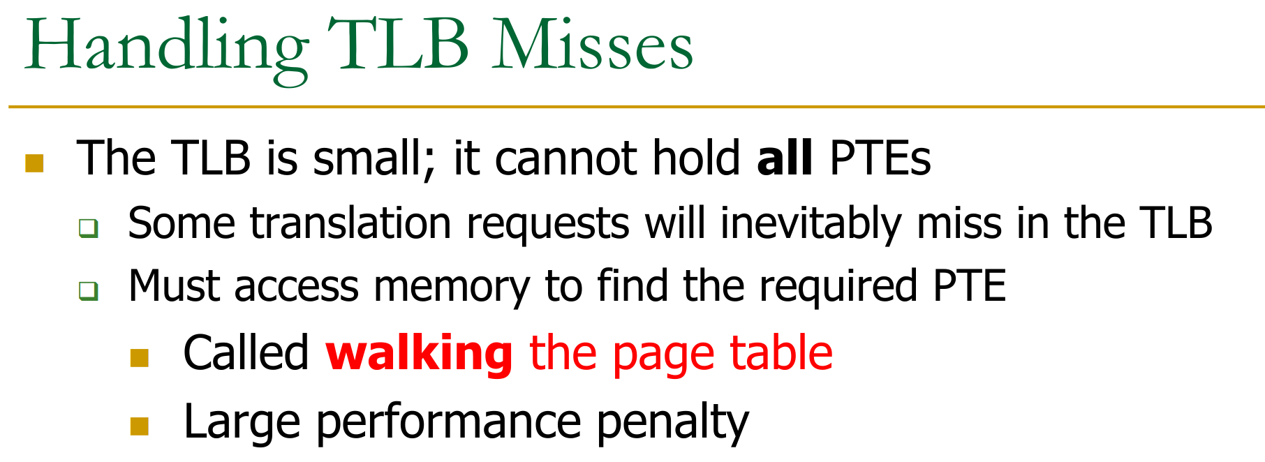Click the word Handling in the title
167,49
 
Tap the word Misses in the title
593,45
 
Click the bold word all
785,158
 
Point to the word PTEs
880,158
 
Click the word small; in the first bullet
374,159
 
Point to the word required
838,287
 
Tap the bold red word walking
420,352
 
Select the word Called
246,352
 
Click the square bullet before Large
140,426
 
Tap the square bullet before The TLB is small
34,163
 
